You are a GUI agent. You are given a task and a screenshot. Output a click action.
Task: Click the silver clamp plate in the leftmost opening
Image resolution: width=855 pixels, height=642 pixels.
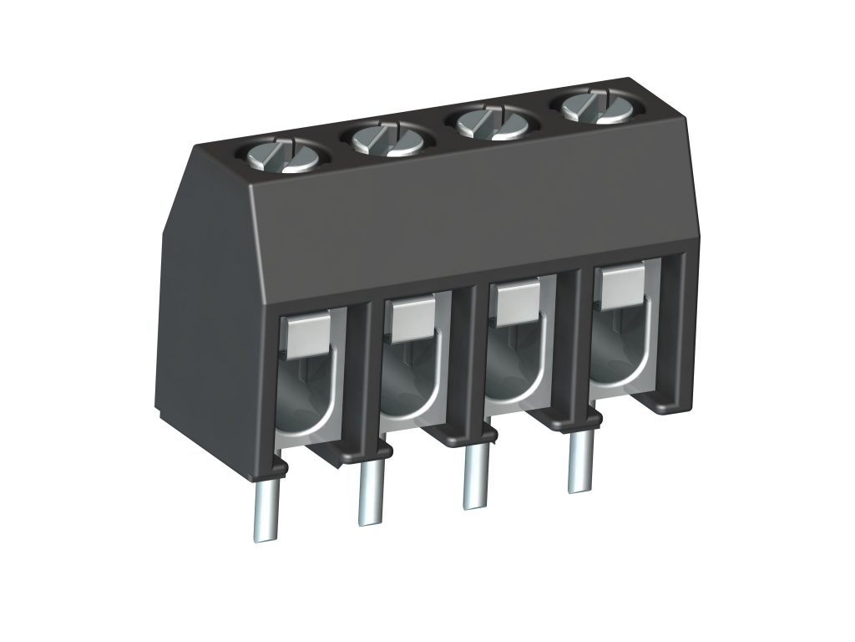tap(306, 334)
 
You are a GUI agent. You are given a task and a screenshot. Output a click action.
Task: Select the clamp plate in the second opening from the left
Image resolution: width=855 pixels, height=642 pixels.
tap(410, 320)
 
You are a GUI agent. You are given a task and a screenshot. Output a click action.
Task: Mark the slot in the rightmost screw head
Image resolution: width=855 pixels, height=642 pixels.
tap(589, 106)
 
